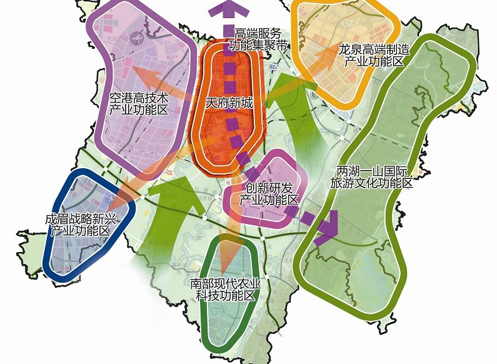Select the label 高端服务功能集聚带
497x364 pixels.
click(259, 39)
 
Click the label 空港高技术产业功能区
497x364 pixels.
click(139, 104)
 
